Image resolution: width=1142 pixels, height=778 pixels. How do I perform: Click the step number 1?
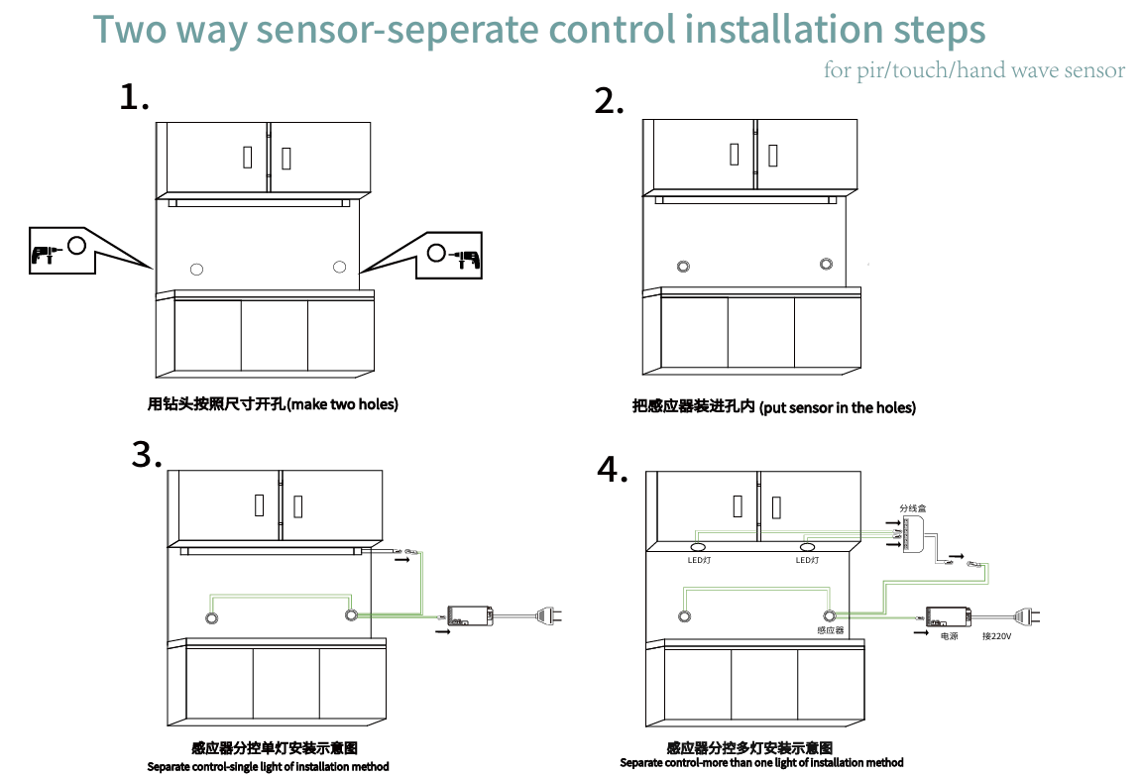133,97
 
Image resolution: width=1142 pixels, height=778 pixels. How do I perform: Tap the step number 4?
612,470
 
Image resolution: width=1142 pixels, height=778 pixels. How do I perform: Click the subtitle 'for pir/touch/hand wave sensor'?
973,70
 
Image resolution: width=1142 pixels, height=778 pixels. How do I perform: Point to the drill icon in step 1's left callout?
42,253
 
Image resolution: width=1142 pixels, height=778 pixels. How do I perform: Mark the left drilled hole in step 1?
196,269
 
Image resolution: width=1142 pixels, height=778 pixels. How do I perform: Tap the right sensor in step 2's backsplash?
826,264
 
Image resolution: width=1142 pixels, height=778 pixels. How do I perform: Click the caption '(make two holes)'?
342,404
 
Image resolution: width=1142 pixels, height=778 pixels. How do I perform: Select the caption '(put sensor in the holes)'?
838,407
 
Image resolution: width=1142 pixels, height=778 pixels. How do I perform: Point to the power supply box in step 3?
471,615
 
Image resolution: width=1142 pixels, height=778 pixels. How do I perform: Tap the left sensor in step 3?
211,618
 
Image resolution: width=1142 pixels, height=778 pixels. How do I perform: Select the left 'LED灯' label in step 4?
700,561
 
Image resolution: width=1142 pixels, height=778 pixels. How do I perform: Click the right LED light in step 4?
807,547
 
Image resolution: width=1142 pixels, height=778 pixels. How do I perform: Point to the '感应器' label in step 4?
830,630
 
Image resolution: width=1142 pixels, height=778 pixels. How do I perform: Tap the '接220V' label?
996,636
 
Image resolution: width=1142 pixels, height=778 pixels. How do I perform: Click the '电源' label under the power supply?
949,636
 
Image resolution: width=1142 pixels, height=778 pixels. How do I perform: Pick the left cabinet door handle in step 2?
734,154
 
